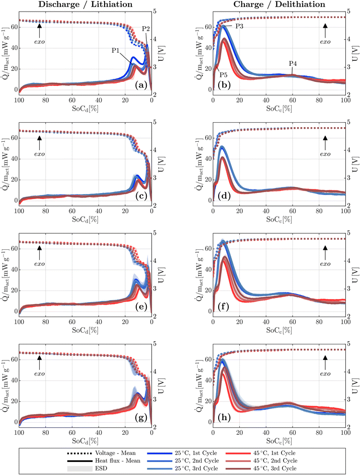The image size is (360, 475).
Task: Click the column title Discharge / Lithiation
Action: pos(85,5)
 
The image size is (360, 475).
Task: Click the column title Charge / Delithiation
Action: pos(279,5)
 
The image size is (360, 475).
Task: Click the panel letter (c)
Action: pos(137,197)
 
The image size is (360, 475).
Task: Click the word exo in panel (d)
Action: pos(325,152)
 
